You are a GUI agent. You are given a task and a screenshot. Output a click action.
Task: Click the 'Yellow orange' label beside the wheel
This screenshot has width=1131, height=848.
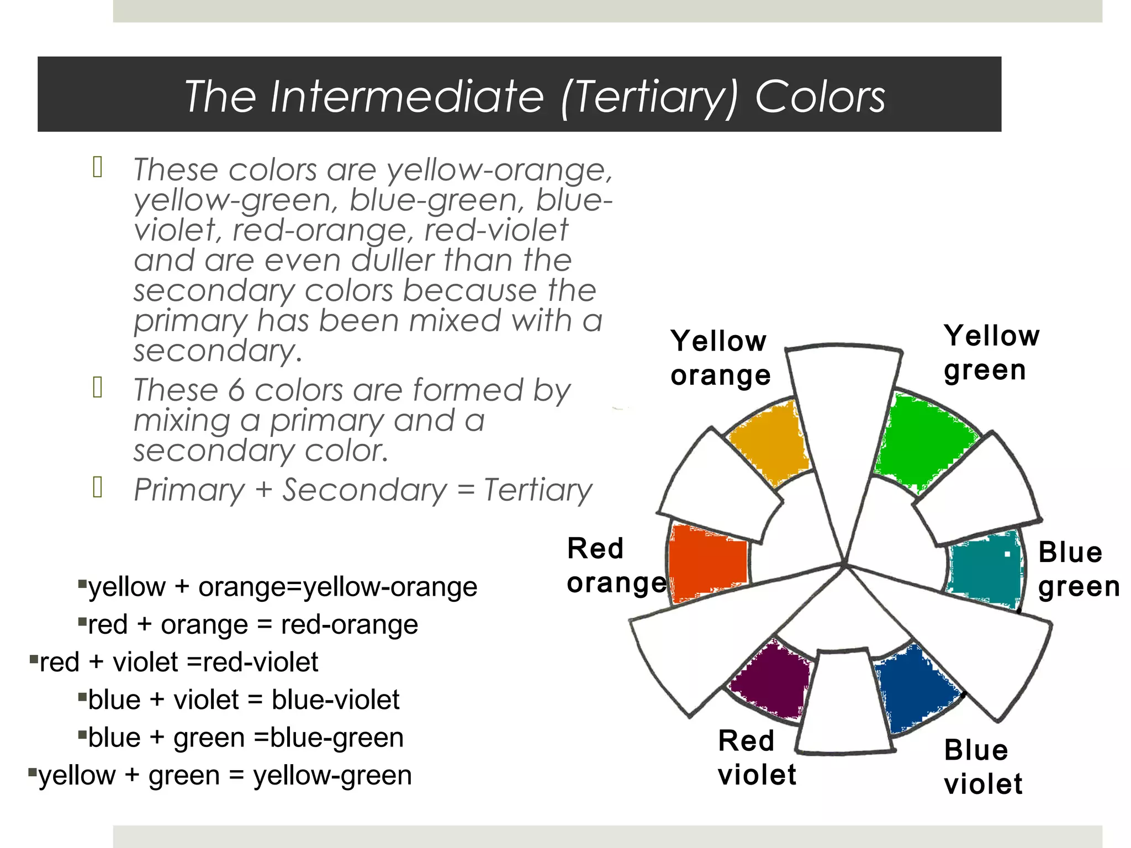pos(720,358)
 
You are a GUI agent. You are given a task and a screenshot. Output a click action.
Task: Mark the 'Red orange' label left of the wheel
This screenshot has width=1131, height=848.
pos(616,565)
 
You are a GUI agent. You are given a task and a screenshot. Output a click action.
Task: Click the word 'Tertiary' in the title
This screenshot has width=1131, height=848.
pos(651,97)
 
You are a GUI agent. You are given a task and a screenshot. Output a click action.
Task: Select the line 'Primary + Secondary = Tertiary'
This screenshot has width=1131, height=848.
pos(363,490)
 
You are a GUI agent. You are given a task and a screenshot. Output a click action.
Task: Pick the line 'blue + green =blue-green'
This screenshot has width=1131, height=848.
pos(246,738)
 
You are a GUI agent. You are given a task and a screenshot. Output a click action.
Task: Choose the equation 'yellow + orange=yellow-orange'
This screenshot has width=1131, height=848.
pos(282,586)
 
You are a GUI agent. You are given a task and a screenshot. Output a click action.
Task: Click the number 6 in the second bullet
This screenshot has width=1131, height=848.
pos(236,390)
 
